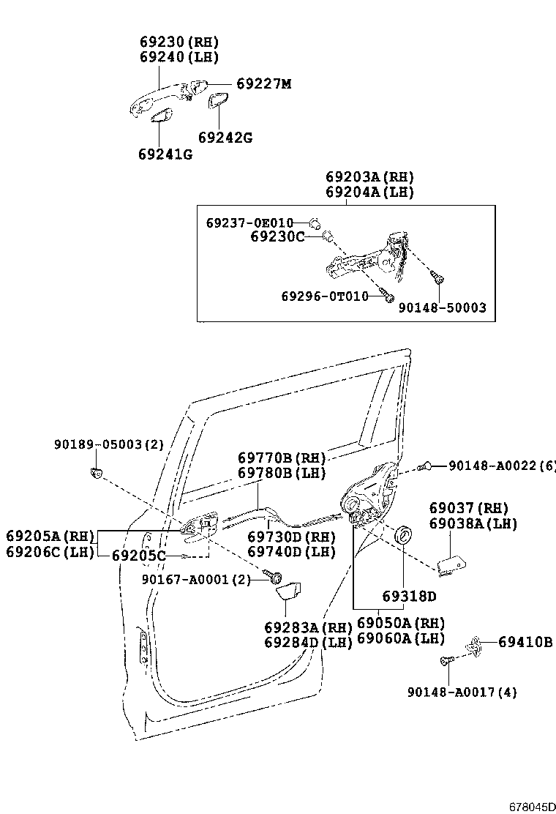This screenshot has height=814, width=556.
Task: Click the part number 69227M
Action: [x=263, y=84]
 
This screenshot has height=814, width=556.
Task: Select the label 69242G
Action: [x=225, y=137]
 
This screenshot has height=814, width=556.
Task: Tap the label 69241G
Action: [x=165, y=154]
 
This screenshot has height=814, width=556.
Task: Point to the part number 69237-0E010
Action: [x=249, y=223]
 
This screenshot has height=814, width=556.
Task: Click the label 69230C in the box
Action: [x=277, y=236]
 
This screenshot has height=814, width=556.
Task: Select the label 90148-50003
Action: [x=442, y=308]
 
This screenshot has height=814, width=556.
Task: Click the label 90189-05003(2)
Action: [x=109, y=444]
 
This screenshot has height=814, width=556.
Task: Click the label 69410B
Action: [x=525, y=642]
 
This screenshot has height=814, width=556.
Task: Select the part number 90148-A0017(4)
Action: [x=462, y=692]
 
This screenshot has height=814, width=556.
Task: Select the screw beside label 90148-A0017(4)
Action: [x=446, y=661]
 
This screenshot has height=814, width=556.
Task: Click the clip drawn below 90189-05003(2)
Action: [x=95, y=471]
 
